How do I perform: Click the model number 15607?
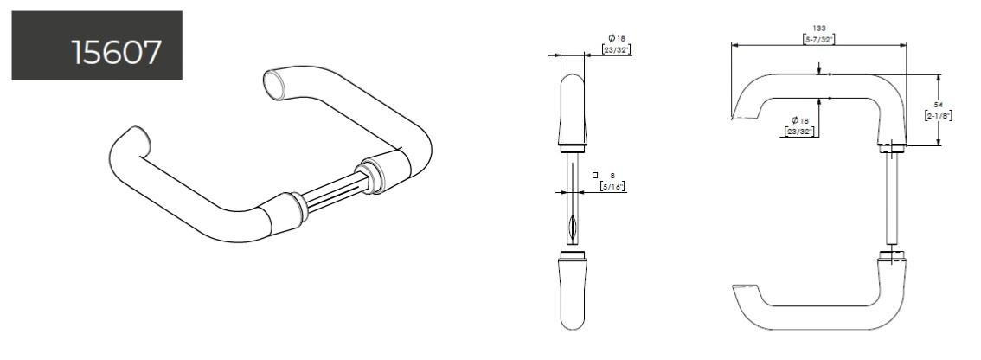pos(117,52)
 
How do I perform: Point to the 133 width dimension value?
pos(818,29)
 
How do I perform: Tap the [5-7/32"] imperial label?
pos(819,40)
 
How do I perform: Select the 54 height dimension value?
pos(938,105)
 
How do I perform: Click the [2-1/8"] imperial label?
pos(938,115)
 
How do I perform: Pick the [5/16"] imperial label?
pos(612,186)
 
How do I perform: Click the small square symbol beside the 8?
pos(595,176)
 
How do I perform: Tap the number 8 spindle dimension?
pos(612,176)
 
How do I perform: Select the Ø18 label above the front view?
pos(617,38)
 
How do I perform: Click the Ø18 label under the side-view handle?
pos(799,120)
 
